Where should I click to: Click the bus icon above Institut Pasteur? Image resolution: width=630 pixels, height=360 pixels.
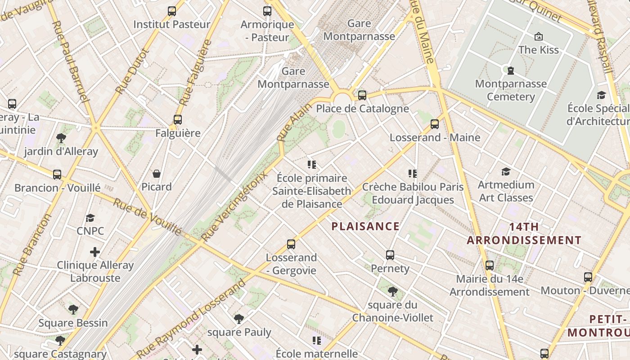click(171, 11)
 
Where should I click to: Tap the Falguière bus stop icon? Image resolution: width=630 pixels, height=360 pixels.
click(178, 120)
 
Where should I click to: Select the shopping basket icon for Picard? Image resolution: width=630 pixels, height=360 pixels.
click(157, 174)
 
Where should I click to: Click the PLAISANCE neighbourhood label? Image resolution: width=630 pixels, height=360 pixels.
click(365, 226)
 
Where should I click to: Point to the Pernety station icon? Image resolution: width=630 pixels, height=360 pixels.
click(390, 255)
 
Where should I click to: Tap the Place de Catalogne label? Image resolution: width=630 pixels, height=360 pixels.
click(362, 108)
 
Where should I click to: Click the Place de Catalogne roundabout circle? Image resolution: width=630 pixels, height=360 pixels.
click(342, 99)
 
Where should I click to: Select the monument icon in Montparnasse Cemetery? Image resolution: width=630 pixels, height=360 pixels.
click(511, 70)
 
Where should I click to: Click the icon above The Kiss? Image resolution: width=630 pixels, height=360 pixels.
click(538, 36)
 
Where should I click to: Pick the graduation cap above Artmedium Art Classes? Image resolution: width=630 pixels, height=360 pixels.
click(506, 171)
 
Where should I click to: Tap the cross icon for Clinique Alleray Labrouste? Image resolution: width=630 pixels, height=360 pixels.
click(95, 252)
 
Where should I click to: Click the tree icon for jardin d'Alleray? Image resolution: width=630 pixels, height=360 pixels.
click(61, 138)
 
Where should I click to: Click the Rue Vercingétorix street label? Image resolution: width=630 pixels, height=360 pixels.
click(234, 206)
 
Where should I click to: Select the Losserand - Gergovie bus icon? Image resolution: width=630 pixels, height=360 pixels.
click(291, 244)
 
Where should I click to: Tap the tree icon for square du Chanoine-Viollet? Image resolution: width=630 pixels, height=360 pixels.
click(392, 292)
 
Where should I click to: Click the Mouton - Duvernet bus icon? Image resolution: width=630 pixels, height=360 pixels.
click(588, 277)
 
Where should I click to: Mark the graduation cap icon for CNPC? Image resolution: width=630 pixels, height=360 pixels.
click(90, 218)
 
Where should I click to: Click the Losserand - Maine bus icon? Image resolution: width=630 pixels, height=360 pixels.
click(435, 124)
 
